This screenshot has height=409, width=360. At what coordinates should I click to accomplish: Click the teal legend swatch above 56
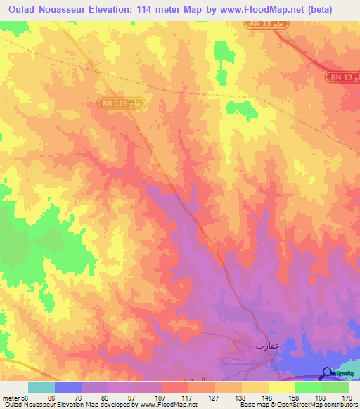(x=41, y=387)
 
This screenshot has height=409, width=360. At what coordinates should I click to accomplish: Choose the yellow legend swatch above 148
(x=255, y=387)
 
